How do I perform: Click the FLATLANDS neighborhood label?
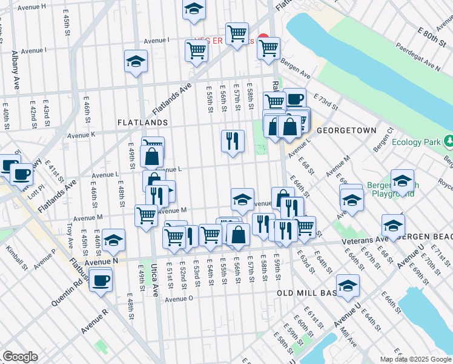(x=142, y=123)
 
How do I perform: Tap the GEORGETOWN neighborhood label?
(x=346, y=130)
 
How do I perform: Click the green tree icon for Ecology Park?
(x=448, y=141)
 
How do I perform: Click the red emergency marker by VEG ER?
(x=263, y=38)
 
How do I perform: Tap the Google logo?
(x=20, y=357)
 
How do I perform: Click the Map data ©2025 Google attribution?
(x=415, y=359)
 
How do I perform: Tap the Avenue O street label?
(x=179, y=298)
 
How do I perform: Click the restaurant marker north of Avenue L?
(x=233, y=141)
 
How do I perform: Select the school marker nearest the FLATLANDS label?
(x=136, y=61)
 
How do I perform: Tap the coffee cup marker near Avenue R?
(x=101, y=280)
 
